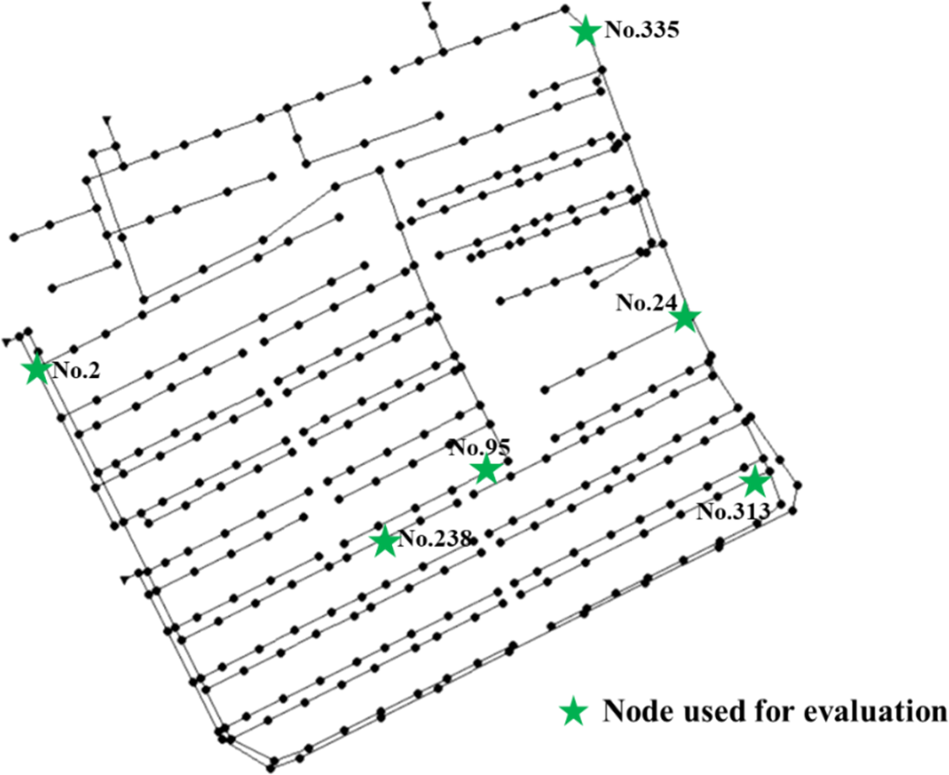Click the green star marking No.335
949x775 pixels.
pyautogui.click(x=585, y=31)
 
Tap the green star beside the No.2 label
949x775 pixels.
pyautogui.click(x=37, y=370)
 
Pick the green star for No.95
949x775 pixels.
pyautogui.click(x=486, y=469)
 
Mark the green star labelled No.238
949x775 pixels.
pyautogui.click(x=384, y=542)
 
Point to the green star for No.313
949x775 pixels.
pyautogui.click(x=755, y=482)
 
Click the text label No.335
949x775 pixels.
pyautogui.click(x=642, y=30)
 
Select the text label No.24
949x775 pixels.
pyautogui.click(x=647, y=302)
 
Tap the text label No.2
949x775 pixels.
pyautogui.click(x=76, y=370)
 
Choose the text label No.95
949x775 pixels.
pyautogui.click(x=480, y=447)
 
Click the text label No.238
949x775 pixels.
pyautogui.click(x=436, y=539)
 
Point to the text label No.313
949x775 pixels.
pyautogui.click(x=733, y=511)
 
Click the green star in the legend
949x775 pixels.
pyautogui.click(x=574, y=712)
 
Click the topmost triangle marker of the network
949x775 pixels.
pyautogui.click(x=427, y=6)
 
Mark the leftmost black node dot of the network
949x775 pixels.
pyautogui.click(x=15, y=237)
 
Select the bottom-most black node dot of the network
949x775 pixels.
pyautogui.click(x=271, y=768)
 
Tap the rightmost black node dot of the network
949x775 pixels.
pyautogui.click(x=798, y=486)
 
